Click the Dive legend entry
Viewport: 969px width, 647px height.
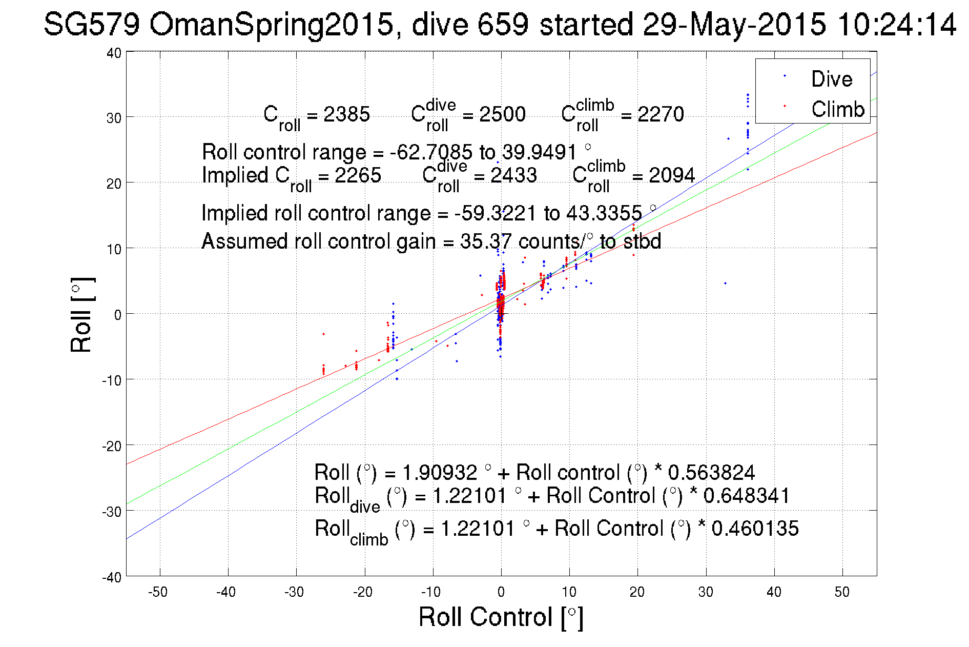point(831,79)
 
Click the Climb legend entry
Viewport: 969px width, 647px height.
point(837,109)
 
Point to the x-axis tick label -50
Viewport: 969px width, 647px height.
point(158,592)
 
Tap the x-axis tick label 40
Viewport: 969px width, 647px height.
point(774,592)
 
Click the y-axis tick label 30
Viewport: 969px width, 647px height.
point(114,118)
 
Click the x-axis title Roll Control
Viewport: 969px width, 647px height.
point(500,617)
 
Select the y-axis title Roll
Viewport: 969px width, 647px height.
point(81,315)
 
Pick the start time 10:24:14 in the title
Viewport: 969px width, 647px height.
point(896,24)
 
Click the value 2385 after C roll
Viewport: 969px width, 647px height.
point(346,114)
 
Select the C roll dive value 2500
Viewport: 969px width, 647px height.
point(502,114)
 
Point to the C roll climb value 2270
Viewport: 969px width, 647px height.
point(661,114)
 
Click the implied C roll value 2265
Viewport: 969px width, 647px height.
point(358,175)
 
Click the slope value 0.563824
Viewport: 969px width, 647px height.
point(711,472)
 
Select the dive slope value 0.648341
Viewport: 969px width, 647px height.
point(746,496)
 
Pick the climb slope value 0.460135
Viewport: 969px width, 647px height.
point(755,529)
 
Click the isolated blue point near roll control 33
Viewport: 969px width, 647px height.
point(725,283)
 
